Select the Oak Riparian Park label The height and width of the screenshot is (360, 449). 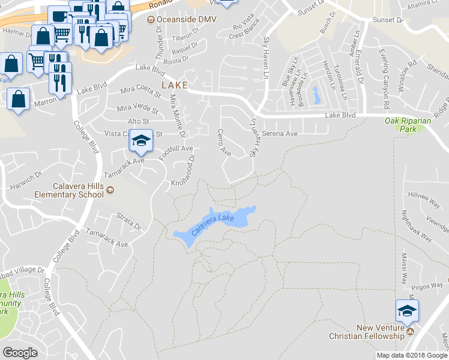pos(409,124)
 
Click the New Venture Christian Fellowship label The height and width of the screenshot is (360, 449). pos(369,332)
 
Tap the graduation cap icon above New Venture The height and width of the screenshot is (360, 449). pos(406,311)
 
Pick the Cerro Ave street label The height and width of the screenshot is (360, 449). pos(224,143)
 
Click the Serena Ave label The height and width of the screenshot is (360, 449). pos(280,134)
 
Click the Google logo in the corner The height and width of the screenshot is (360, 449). pos(20,353)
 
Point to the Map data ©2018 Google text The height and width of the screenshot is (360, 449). pos(412,355)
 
